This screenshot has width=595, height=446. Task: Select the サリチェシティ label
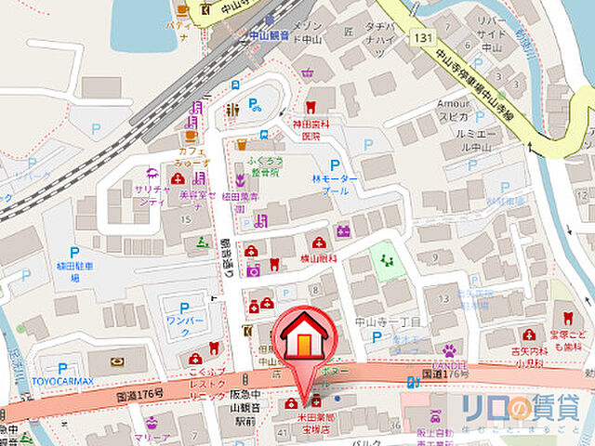(152, 194)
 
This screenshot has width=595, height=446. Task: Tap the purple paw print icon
(449, 349)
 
